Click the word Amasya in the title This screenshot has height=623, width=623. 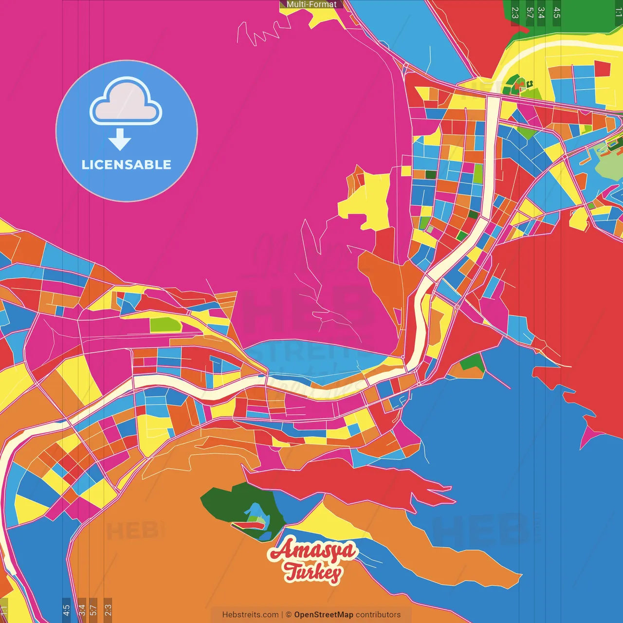point(311,551)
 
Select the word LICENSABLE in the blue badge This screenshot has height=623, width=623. point(127,165)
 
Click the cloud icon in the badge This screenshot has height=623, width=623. point(126,101)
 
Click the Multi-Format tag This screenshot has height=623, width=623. point(311,4)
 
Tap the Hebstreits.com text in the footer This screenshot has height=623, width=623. point(250,615)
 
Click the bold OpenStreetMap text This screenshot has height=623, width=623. point(323,615)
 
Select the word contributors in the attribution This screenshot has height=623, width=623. point(378,615)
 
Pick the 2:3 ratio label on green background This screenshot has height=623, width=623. point(515,13)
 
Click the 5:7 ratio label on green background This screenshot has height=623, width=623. point(530,13)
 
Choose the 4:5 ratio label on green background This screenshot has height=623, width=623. point(557,13)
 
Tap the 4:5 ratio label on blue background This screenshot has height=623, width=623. point(66,610)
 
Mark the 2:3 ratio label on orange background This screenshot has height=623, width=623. point(108,610)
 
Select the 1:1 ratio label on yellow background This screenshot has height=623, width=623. point(3,610)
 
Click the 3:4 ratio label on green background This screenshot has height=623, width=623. point(541,13)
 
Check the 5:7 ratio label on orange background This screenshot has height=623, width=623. point(93,610)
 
